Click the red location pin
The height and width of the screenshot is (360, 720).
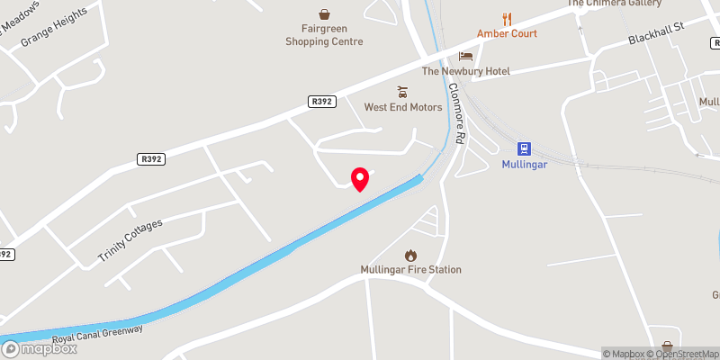coord(360,179)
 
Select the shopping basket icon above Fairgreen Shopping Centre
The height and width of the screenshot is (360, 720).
coord(324,13)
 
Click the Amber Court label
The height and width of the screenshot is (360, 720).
coord(507,33)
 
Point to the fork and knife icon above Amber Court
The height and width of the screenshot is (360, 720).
coord(507,17)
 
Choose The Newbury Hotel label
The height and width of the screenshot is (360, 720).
coord(466,71)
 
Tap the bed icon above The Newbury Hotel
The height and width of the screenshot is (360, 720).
coord(465,56)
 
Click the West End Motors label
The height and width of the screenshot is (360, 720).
coord(403,107)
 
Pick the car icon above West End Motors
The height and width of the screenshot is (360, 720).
coord(402,91)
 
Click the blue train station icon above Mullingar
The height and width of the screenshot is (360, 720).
coord(523,148)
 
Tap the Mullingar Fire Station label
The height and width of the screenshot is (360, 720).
coord(410,269)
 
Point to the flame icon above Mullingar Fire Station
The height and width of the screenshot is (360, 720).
coord(410,254)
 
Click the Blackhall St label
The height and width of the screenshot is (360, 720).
coord(657,39)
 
